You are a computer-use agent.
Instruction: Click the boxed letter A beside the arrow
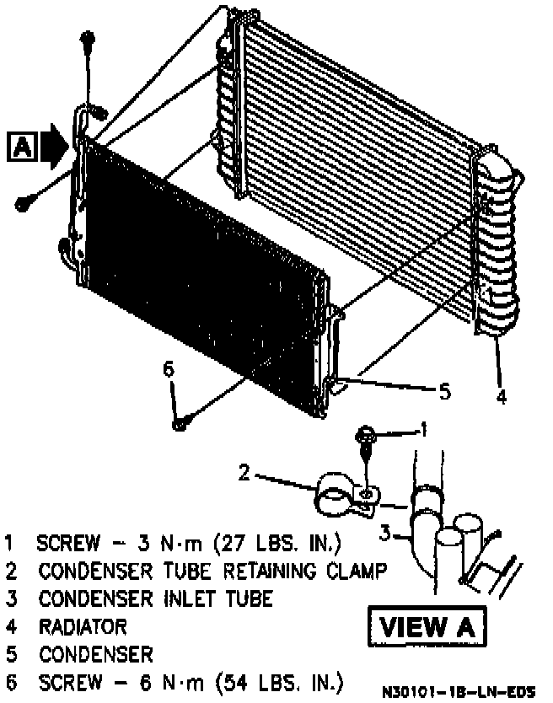click(x=23, y=147)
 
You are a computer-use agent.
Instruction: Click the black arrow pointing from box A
click(x=54, y=145)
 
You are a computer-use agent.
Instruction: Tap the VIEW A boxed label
click(x=427, y=626)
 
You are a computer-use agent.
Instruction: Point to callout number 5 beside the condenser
click(x=444, y=390)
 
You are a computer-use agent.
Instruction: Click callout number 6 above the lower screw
click(x=168, y=369)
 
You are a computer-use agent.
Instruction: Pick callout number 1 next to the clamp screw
click(x=424, y=431)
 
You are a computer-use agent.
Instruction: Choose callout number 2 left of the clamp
click(x=244, y=472)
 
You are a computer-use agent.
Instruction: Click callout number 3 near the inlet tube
click(x=384, y=532)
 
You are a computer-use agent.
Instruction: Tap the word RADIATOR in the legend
click(x=83, y=626)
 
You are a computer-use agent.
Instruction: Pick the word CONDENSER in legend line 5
click(x=96, y=654)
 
